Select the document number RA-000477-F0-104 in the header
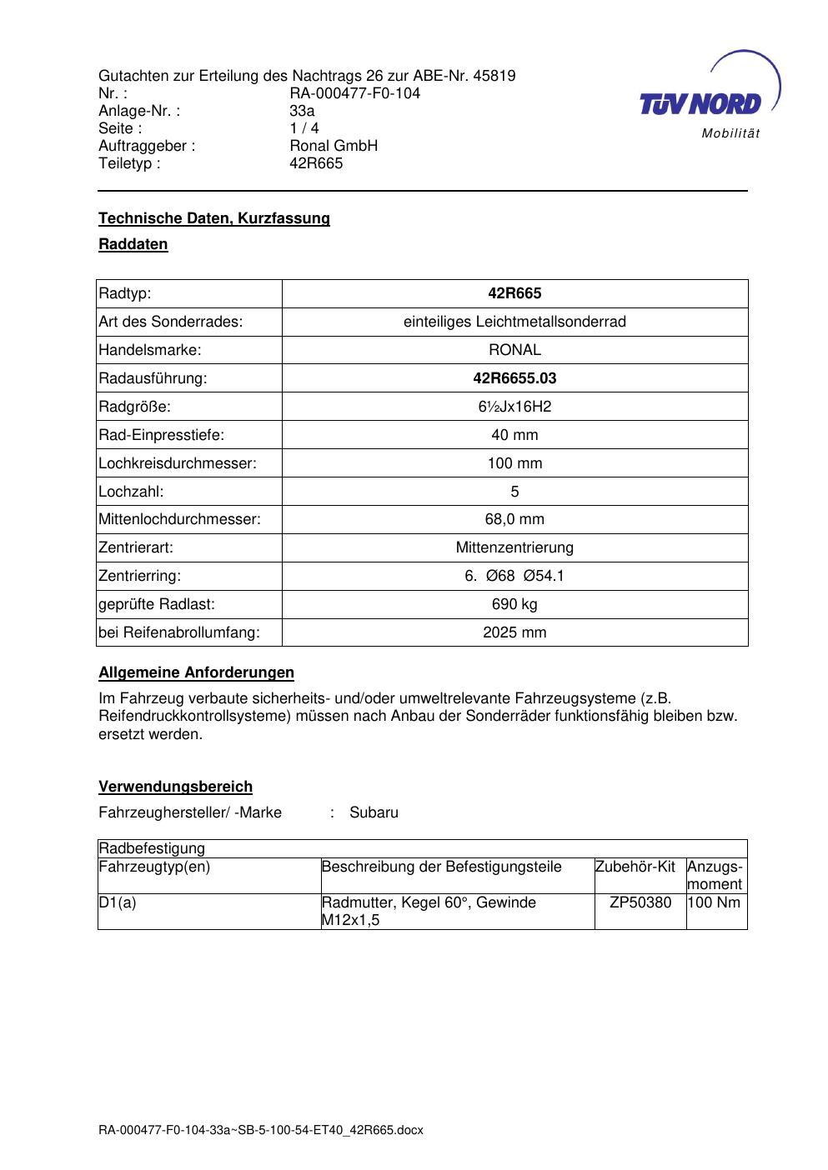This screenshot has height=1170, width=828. pos(354,93)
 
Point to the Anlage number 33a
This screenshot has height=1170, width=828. pos(301,111)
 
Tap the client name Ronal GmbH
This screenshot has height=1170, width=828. pos(333,146)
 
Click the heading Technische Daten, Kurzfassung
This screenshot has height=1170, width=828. pos(213,218)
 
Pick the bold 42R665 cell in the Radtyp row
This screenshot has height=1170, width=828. pos(514,293)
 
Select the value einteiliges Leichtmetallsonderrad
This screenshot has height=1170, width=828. pos(514,322)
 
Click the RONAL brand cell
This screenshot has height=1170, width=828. pos(514,350)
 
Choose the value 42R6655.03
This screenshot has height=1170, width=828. pos(514,378)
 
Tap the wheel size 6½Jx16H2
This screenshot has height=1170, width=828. pos(514,407)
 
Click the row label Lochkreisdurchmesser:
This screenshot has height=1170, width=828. pos(177,463)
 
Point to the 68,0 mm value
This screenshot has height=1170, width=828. pos(514,519)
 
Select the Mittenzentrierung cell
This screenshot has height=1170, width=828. pos(514,547)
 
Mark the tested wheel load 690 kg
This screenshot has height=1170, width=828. pos(514,604)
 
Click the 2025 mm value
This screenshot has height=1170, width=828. pos(514,632)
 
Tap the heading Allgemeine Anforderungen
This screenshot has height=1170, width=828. pos(196,672)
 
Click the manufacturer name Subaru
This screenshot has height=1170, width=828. pos(374,812)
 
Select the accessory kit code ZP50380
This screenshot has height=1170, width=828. pos(640,902)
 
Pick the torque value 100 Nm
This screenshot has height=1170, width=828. pos(714,902)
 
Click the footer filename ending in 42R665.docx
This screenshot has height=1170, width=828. pos(261,1130)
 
